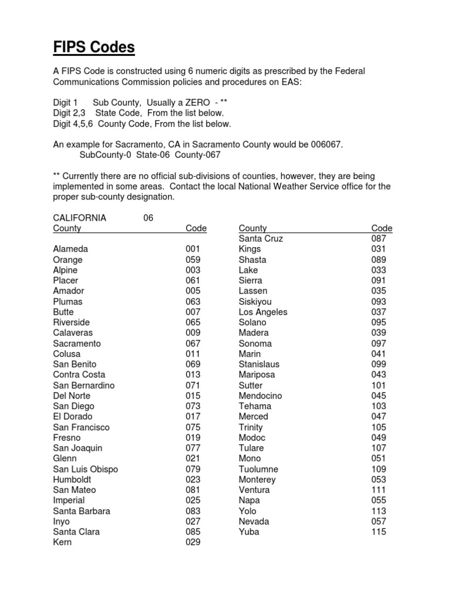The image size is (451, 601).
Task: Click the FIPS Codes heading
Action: click(x=94, y=48)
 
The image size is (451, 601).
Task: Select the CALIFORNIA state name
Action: click(x=79, y=218)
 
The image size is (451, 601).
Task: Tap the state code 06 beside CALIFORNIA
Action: click(x=148, y=218)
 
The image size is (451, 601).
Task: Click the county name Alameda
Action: click(x=70, y=249)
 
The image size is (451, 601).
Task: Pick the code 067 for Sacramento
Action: click(x=193, y=343)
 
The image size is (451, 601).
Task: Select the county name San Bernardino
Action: click(x=83, y=386)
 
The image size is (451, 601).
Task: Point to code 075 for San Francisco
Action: click(x=193, y=427)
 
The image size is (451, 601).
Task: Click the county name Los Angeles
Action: click(x=262, y=312)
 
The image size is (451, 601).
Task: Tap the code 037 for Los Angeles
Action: click(x=379, y=312)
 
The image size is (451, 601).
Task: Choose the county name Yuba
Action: click(x=249, y=532)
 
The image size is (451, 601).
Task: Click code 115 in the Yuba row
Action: click(x=379, y=532)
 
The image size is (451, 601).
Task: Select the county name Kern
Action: click(x=62, y=542)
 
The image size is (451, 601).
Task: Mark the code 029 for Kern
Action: click(x=193, y=542)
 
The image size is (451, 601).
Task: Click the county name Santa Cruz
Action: click(x=261, y=238)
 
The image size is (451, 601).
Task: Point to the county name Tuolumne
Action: click(x=258, y=469)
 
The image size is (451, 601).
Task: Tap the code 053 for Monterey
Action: click(x=379, y=480)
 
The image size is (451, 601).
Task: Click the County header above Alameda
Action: click(x=67, y=228)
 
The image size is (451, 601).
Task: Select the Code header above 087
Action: click(x=382, y=228)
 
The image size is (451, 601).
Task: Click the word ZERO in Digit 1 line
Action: click(x=198, y=103)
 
